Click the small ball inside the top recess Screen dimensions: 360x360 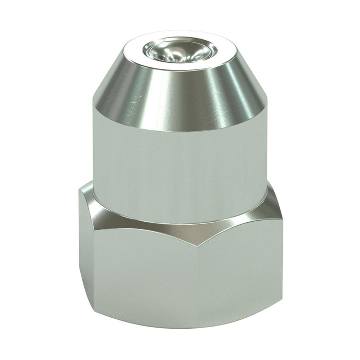pos(173,51)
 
